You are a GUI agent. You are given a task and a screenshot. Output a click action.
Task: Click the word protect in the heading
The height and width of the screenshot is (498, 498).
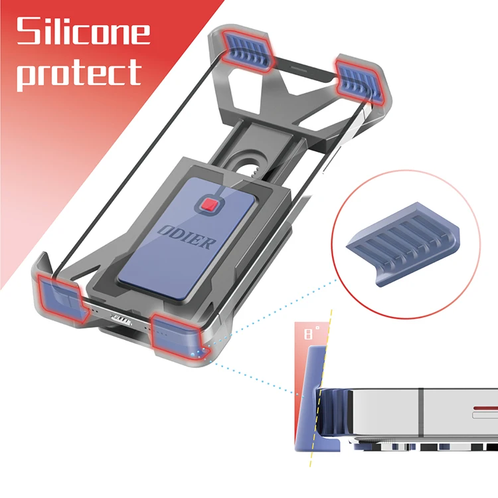coord(78,72)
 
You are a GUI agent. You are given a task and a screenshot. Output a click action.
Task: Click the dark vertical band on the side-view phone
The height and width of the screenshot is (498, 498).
coord(420,408)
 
